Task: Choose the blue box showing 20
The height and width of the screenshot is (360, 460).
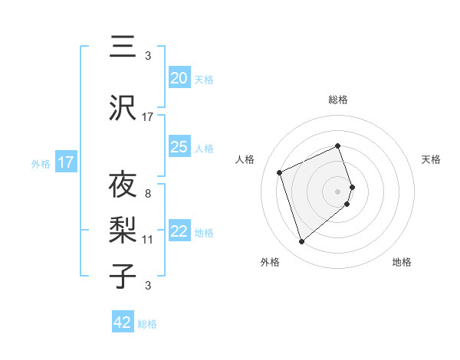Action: pyautogui.click(x=179, y=78)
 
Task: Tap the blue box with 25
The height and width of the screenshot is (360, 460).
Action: pyautogui.click(x=179, y=147)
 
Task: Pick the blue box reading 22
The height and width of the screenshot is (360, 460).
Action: pyautogui.click(x=179, y=231)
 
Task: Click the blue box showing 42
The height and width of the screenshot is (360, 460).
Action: pyautogui.click(x=123, y=322)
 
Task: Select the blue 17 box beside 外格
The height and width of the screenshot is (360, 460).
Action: pyautogui.click(x=66, y=162)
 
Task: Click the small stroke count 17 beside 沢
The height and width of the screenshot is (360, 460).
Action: pyautogui.click(x=148, y=117)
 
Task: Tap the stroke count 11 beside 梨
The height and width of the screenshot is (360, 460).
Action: pyautogui.click(x=148, y=240)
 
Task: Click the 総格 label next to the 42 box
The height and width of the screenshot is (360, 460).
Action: pyautogui.click(x=147, y=324)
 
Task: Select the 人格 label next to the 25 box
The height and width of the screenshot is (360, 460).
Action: pyautogui.click(x=204, y=149)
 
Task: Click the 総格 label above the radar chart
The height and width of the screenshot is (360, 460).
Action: pyautogui.click(x=337, y=100)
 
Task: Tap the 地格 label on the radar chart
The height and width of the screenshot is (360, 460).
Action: pyautogui.click(x=402, y=263)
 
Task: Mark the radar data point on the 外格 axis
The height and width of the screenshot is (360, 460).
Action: pyautogui.click(x=301, y=242)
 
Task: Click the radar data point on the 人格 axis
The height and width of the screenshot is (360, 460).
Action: pyautogui.click(x=281, y=172)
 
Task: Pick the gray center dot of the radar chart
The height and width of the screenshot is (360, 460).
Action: pyautogui.click(x=337, y=191)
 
